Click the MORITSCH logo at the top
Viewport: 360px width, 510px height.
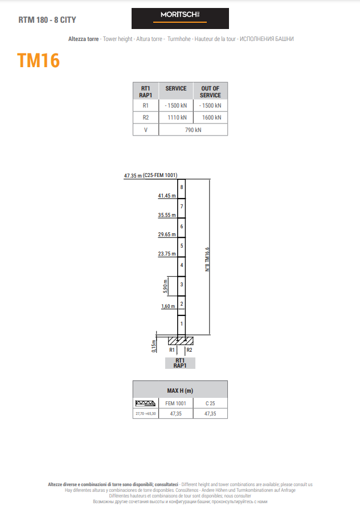tap(180, 18)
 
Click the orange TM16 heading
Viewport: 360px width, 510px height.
tap(38, 60)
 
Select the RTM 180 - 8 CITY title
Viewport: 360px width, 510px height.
tap(47, 20)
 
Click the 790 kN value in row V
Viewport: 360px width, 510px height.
tap(193, 130)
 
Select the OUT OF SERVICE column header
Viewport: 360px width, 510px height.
tap(210, 92)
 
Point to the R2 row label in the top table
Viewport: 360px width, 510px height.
tap(145, 117)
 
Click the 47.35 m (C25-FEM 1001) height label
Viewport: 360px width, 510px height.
tap(151, 176)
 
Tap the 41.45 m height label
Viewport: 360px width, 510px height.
tap(167, 196)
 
